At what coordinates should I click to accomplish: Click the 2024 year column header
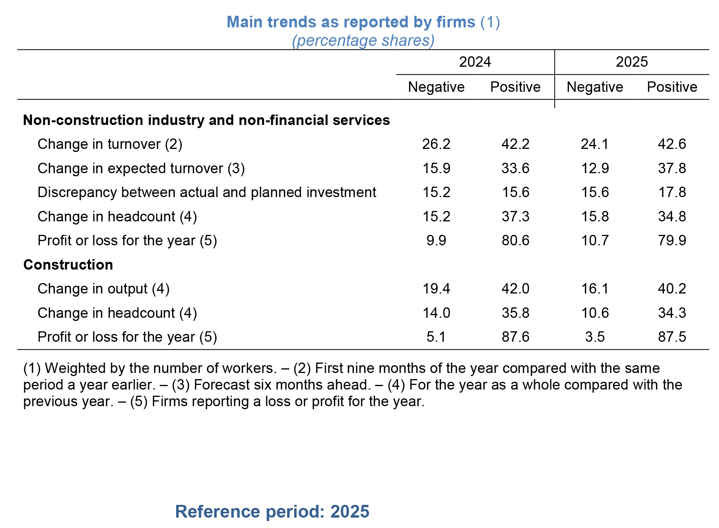point(475,62)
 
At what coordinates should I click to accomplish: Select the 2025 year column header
point(631,62)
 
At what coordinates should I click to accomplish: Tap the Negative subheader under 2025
point(594,87)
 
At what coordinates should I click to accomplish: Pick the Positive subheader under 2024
point(515,87)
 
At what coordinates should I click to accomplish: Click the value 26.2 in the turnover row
point(436,144)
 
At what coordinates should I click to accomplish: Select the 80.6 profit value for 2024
point(515,241)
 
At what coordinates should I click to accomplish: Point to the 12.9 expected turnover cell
point(595,169)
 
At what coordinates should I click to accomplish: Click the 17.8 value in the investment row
point(672,192)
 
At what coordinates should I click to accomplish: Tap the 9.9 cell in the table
point(436,241)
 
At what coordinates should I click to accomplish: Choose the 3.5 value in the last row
point(595,337)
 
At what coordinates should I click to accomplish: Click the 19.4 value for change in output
point(436,289)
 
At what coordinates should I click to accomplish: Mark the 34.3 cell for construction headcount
point(672,313)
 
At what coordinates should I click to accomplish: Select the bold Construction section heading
point(68,265)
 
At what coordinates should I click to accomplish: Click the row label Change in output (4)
point(103,289)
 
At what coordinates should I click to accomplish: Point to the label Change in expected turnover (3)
point(141,169)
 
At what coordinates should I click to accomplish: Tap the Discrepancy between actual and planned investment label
point(206,192)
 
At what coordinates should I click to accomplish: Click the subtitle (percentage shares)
point(363,40)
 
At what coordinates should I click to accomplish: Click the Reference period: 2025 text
point(272,511)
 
